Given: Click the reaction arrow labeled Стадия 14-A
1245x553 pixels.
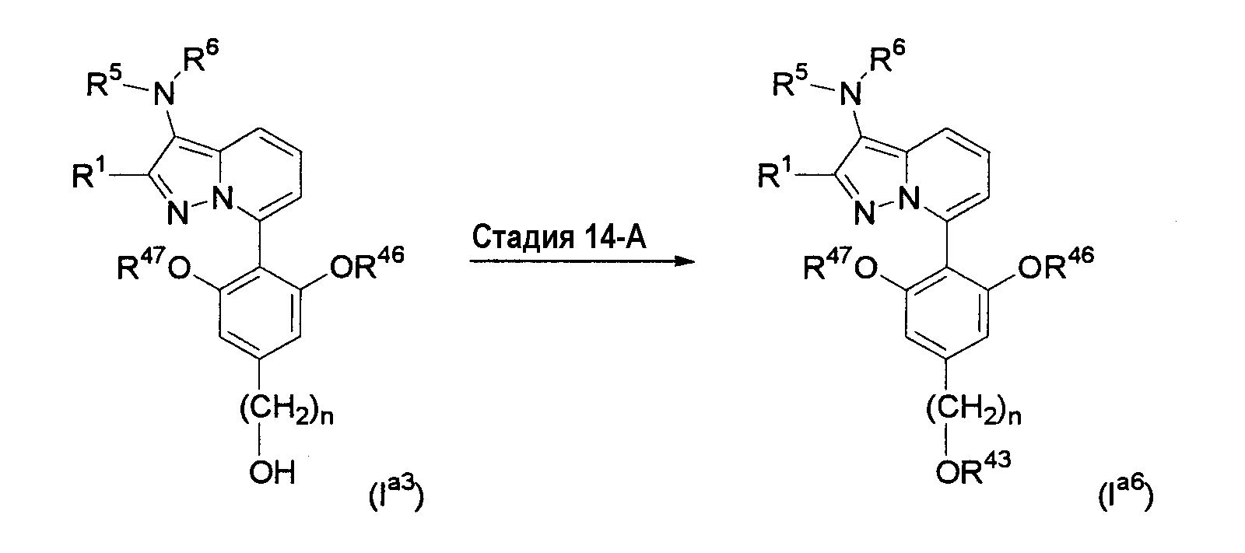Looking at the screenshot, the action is coord(583,261).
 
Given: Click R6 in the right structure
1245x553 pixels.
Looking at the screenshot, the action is coord(886,55).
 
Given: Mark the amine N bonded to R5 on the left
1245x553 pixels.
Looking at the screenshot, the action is coord(164,93).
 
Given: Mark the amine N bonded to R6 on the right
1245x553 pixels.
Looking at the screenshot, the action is coord(851,93).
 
